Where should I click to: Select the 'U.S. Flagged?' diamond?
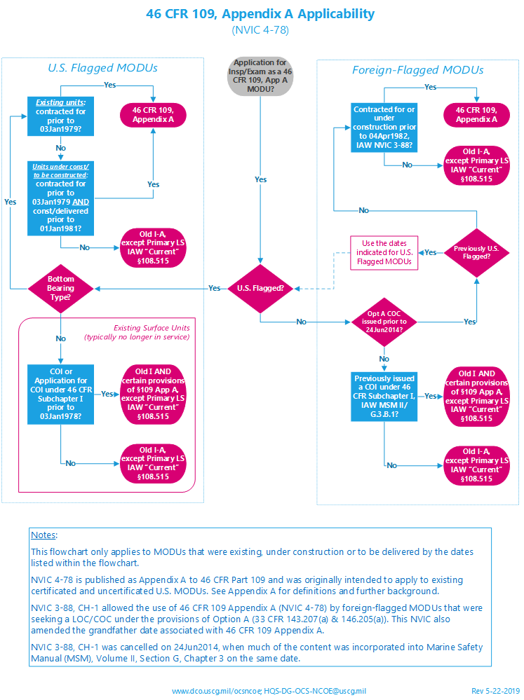tap(260, 288)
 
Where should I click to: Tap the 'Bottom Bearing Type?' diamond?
tap(62, 288)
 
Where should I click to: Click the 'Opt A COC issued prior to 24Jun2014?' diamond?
tap(383, 322)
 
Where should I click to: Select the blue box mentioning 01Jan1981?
tap(61, 198)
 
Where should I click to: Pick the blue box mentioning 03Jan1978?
tap(61, 393)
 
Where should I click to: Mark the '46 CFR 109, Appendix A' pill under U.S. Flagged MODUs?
tap(153, 115)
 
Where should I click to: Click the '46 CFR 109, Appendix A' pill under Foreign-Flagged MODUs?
tap(477, 115)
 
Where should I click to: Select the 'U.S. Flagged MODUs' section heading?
tap(102, 69)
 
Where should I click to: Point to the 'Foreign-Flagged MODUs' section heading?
tap(417, 70)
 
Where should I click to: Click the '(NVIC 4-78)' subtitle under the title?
tap(260, 30)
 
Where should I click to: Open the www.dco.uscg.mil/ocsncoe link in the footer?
tap(216, 690)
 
